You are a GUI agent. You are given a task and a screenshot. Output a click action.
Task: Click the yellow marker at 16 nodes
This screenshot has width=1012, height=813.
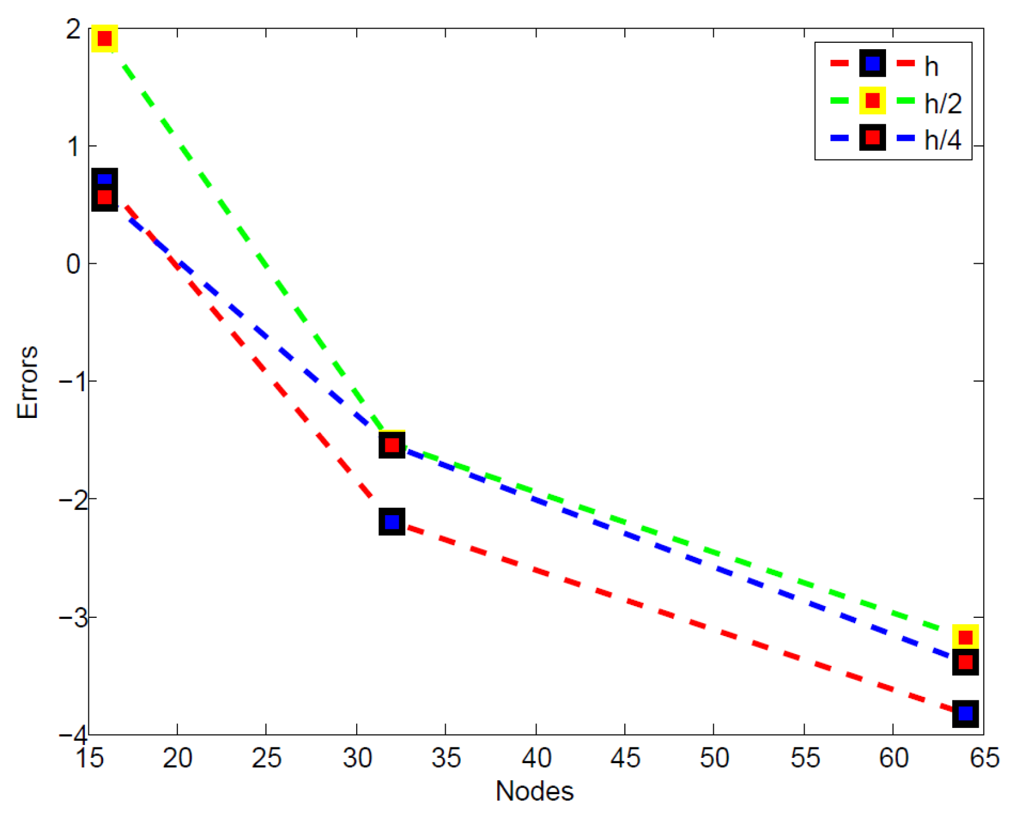105,39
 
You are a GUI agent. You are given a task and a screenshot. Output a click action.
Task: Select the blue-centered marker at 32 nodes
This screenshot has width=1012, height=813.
392,522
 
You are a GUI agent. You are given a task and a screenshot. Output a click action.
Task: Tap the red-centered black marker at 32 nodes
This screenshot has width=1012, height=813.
392,445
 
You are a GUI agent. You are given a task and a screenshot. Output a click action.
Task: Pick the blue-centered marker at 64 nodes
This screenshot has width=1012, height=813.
965,713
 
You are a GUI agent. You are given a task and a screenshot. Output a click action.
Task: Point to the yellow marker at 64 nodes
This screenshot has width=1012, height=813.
965,637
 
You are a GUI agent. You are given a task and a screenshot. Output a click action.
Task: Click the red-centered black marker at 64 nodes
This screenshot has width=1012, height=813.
965,662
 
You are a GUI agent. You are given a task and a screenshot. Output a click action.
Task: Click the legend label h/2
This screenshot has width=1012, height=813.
943,104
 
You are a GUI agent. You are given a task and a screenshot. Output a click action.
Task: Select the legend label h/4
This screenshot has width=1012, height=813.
943,140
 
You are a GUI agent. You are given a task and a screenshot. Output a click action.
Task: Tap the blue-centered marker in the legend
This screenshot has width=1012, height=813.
872,63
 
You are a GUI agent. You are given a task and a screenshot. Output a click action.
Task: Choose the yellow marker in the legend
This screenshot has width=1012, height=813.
872,100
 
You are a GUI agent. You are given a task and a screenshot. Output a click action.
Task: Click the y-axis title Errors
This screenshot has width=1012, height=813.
28,382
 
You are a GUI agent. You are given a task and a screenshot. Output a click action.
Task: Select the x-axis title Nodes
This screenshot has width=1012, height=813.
534,791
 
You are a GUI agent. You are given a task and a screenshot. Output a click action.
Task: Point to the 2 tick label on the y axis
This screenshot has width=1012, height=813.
73,29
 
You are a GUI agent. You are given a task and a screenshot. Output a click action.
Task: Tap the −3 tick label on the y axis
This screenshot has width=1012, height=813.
69,617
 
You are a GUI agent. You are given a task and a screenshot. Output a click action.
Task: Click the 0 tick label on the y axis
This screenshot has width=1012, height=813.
73,264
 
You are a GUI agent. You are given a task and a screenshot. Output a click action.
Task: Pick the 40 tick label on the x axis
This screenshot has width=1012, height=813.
536,758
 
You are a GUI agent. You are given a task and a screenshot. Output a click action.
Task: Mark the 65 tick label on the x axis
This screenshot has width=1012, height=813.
984,758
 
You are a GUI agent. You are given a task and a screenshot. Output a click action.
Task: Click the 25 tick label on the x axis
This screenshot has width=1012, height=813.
266,758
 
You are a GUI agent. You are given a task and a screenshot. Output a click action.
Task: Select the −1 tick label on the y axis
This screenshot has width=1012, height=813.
69,382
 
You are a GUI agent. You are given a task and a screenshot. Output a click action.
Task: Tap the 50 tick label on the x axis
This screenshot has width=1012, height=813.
714,758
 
